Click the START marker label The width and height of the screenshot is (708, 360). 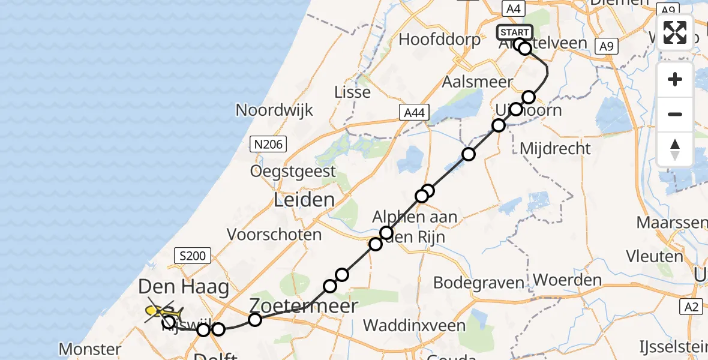coord(514,32)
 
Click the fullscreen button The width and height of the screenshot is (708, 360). coord(675,32)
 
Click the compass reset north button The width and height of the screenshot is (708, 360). coord(675,149)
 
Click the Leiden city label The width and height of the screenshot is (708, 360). coord(304,200)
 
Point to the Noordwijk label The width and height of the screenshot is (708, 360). coord(275,110)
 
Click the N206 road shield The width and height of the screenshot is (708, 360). coord(268,143)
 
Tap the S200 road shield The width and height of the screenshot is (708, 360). coord(193,256)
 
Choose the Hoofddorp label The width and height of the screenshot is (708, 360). coord(440,40)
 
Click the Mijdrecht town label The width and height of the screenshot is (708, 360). coord(556,148)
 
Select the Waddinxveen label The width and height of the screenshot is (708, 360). coord(415,326)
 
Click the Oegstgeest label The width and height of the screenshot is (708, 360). coord(294,172)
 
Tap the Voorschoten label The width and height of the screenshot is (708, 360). coord(274,234)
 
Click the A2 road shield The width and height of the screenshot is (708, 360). coord(692,307)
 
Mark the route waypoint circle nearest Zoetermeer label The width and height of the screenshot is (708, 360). coord(255,320)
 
